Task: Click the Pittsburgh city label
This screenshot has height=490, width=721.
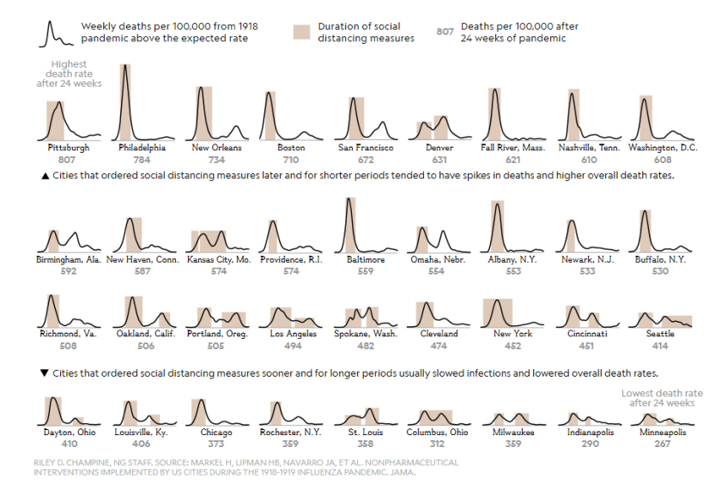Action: click(68, 148)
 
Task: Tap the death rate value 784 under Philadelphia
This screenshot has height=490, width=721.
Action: click(142, 160)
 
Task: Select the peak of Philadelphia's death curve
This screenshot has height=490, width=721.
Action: click(125, 66)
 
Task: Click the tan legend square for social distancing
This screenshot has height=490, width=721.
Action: click(301, 33)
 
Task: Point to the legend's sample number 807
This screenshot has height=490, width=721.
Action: click(445, 32)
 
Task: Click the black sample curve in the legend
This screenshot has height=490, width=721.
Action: click(54, 33)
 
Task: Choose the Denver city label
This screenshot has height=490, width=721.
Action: click(439, 148)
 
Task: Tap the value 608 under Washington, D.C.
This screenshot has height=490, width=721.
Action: click(663, 160)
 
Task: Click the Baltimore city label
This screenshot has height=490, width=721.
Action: click(366, 259)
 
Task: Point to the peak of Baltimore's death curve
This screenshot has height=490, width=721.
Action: click(348, 200)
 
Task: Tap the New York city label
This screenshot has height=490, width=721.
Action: click(513, 334)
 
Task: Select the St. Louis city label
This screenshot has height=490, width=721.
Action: click(366, 433)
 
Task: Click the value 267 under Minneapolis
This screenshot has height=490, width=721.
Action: click(663, 444)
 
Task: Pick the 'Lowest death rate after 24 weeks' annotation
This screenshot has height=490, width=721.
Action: click(657, 397)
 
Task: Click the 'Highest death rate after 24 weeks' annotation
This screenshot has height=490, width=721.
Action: click(70, 74)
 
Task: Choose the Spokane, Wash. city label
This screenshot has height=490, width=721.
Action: click(366, 334)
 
